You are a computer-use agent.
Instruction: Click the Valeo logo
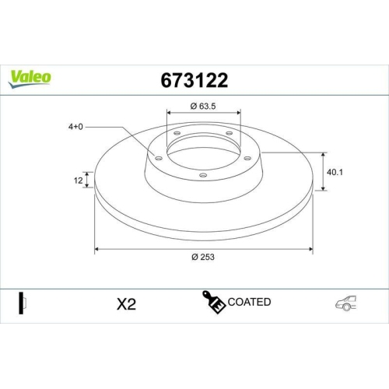tap(30, 77)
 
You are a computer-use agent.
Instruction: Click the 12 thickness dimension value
tap(79, 180)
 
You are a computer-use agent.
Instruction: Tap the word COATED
tap(249, 302)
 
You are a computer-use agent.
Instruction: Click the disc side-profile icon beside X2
tap(23, 303)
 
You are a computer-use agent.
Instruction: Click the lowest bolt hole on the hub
tap(203, 175)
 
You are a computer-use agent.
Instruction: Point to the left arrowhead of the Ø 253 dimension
tap(96, 250)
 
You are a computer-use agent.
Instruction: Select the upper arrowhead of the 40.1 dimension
tap(324, 153)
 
